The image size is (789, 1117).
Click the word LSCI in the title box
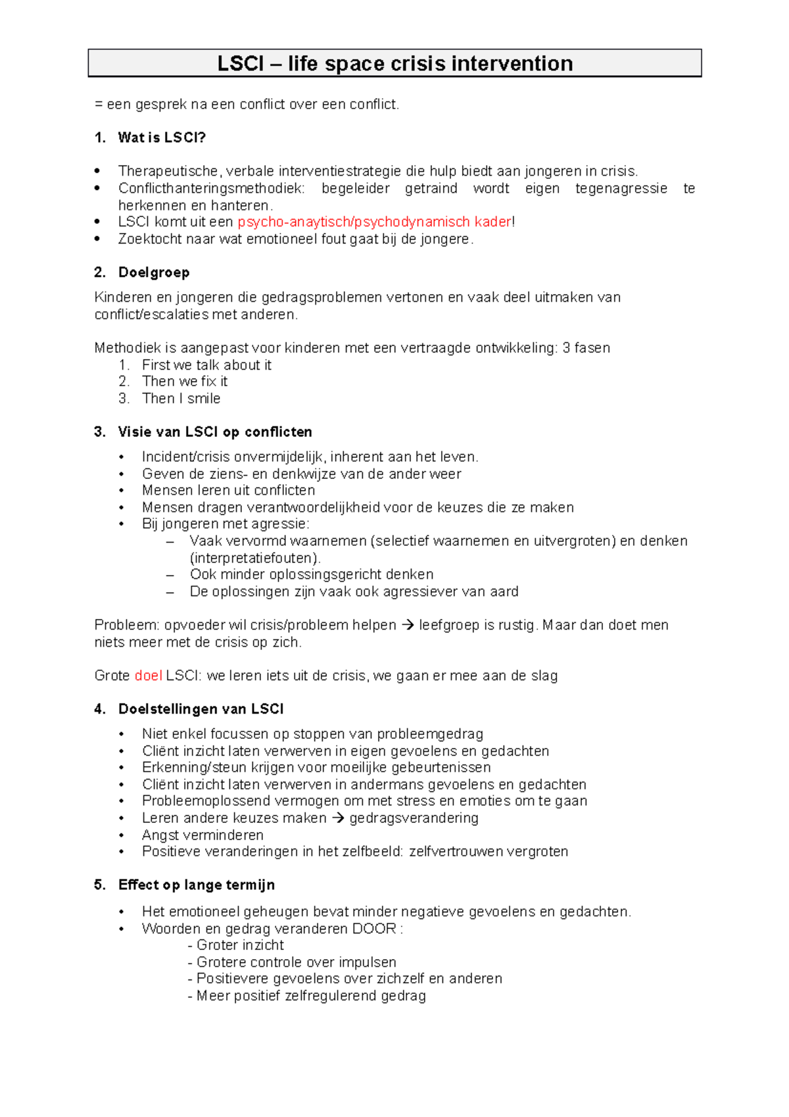pos(241,64)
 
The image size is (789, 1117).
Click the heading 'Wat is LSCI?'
pos(162,137)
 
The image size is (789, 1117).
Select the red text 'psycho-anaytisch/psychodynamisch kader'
pos(374,222)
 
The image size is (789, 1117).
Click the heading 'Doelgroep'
pos(154,272)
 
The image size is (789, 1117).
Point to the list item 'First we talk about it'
pos(206,365)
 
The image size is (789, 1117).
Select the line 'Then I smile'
pos(181,399)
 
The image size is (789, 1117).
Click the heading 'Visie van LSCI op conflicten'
pos(215,432)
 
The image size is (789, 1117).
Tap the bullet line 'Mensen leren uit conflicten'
pos(228,491)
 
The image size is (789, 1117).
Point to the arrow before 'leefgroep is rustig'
pos(408,626)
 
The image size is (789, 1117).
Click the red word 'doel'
pos(148,676)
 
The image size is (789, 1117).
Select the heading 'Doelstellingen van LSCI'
pos(201,709)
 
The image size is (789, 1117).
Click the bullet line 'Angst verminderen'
pos(203,835)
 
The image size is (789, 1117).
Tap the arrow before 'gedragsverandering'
pos(338,818)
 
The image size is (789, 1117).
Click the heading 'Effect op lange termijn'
pos(196,885)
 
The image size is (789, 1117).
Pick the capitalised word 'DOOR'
pos(374,929)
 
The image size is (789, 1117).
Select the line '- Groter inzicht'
pos(235,945)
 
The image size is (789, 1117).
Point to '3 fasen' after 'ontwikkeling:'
pos(586,348)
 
